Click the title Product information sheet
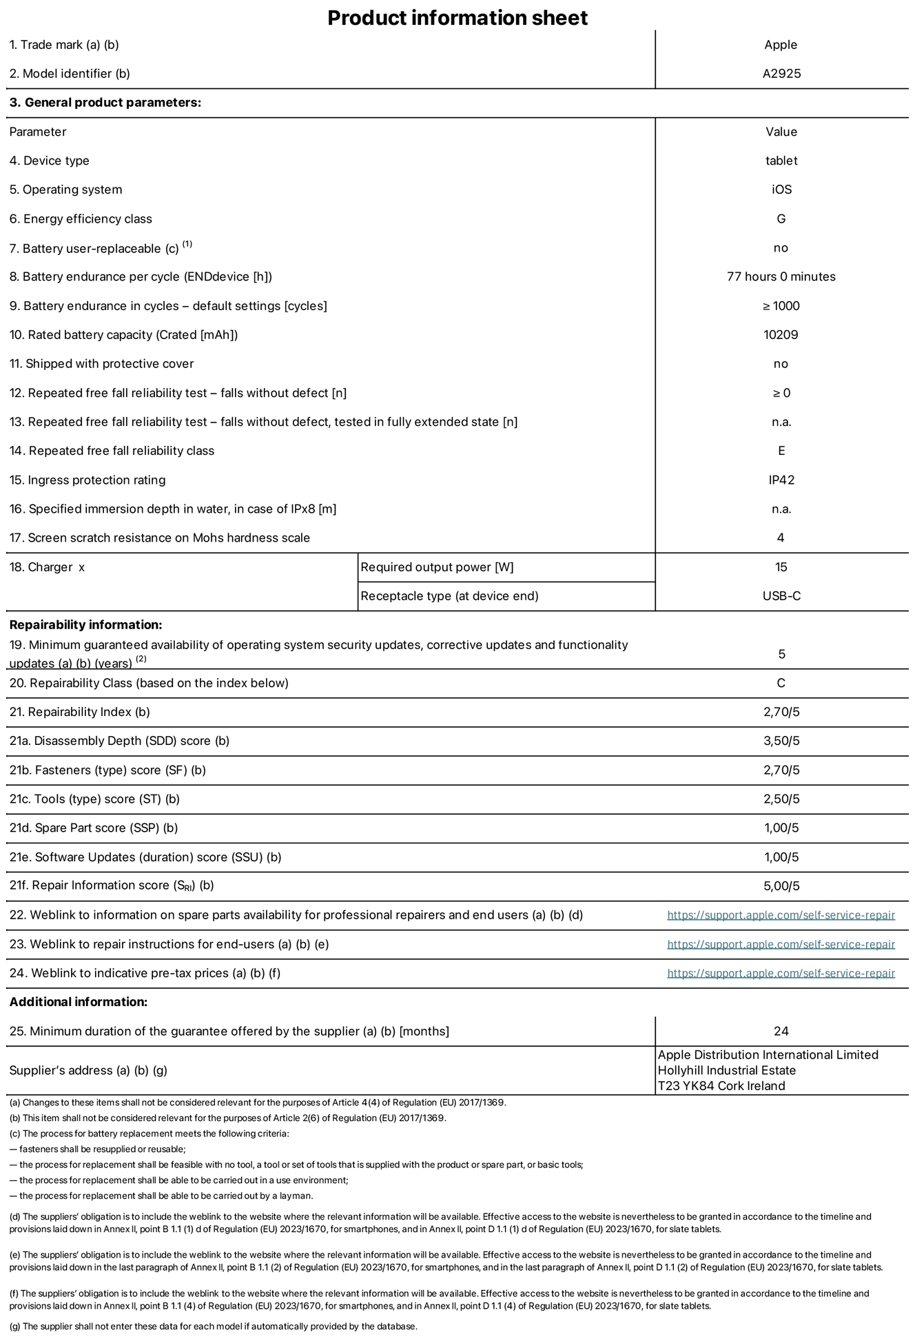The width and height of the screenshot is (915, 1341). point(457,17)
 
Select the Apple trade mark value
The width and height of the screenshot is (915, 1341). point(781,45)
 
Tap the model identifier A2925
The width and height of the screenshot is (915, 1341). point(781,74)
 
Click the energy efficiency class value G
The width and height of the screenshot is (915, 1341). point(781,219)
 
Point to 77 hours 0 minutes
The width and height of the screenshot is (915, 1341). point(781,277)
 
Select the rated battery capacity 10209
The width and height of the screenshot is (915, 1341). point(781,335)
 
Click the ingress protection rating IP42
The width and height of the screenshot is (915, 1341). point(781,480)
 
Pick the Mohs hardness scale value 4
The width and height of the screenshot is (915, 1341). point(781,538)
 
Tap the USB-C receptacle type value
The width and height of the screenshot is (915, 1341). point(781,596)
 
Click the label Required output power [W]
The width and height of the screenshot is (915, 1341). point(437,567)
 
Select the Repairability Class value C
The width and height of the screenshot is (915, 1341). point(781,684)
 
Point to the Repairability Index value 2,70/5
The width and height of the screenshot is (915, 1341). point(781,713)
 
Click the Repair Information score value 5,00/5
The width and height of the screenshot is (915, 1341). point(781,886)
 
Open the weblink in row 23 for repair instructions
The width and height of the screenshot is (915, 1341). point(781,945)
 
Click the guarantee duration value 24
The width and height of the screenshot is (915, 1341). point(781,1032)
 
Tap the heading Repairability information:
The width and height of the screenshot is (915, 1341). point(85,625)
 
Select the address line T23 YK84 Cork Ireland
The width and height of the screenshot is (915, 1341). point(721,1086)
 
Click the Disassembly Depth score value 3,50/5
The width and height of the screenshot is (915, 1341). point(781,741)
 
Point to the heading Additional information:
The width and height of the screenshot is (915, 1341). point(79,1002)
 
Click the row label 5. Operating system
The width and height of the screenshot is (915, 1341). point(65,190)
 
